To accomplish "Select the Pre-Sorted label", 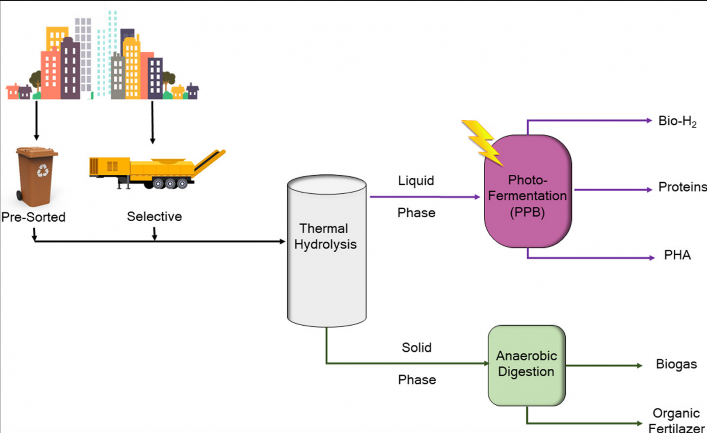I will point(33,217).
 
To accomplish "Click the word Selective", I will point(154,216).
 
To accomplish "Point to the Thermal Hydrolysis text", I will point(325,236).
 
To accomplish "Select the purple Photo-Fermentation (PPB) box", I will point(528,195).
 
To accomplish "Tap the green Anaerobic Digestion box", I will point(526,365).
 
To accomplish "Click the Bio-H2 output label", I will point(677,121).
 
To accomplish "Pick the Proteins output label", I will point(682,187).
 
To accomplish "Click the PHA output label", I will point(677,255).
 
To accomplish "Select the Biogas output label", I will point(676,364).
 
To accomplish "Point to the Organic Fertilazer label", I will point(676,420).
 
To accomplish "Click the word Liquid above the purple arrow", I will point(416,180).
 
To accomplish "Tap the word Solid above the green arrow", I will point(416,348).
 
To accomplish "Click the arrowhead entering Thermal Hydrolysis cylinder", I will point(282,241).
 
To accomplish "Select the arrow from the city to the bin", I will point(36,119).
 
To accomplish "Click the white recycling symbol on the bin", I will point(43,170).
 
